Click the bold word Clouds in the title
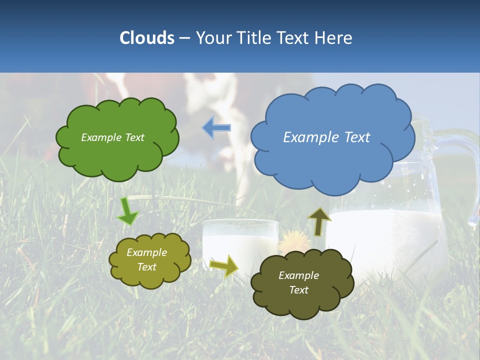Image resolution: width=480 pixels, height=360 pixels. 147,38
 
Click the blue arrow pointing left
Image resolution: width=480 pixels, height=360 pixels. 216,127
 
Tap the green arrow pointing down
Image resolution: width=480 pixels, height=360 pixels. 127,211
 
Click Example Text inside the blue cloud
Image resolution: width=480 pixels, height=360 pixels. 326,137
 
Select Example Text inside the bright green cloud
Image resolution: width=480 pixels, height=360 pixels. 112,137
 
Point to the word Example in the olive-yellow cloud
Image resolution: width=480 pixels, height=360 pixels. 146,252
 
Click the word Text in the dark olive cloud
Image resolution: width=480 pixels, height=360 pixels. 298,290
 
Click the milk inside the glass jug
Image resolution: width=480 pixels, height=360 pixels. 390,240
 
